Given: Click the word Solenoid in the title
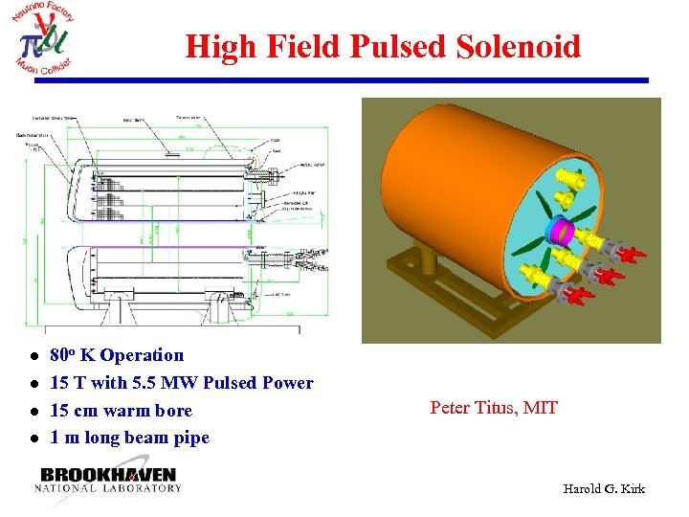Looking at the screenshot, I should tap(519, 46).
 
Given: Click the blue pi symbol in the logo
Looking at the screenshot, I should tap(30, 43).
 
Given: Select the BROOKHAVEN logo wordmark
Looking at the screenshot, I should tap(108, 475).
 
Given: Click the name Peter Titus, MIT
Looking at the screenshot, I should tap(494, 408).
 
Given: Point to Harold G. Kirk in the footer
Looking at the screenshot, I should tap(604, 489).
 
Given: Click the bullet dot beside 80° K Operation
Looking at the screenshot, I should tap(33, 356).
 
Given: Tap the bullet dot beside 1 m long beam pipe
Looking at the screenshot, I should tap(33, 438).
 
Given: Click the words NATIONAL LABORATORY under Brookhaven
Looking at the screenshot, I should tap(108, 488).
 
